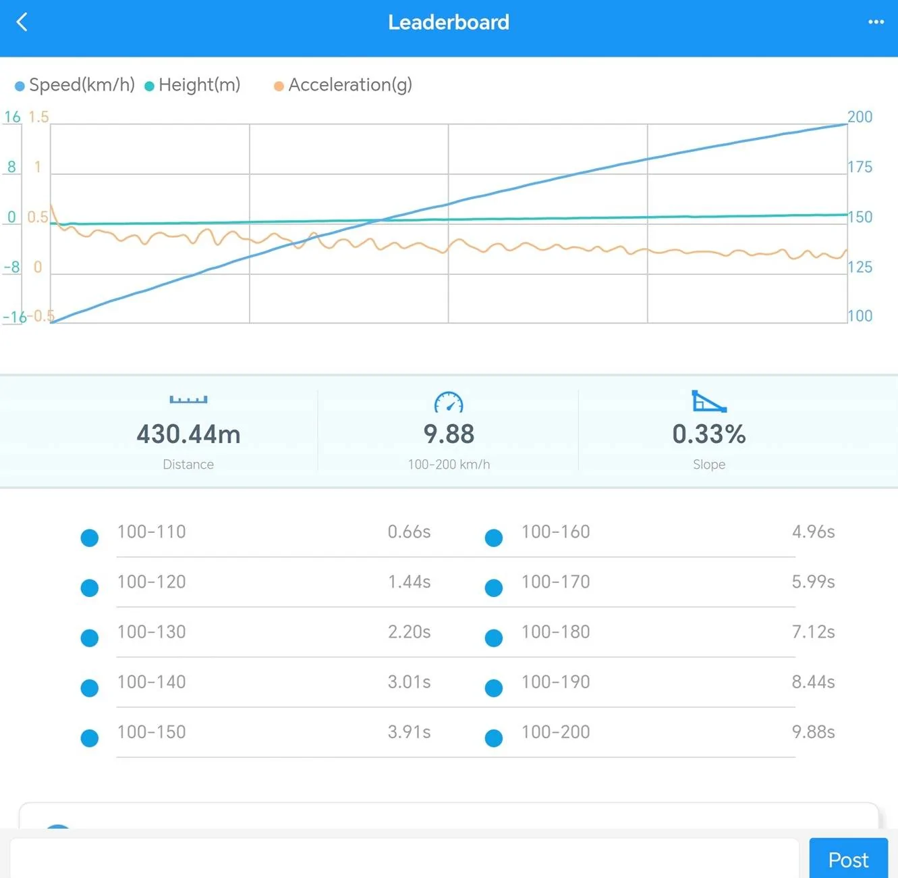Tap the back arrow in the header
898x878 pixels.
(22, 22)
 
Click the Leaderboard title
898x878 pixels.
(449, 22)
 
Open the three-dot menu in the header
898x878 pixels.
(875, 22)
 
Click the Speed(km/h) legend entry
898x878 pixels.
(75, 85)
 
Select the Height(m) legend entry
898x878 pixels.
(192, 85)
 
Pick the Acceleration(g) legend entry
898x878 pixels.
(343, 85)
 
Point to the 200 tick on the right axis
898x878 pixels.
(860, 117)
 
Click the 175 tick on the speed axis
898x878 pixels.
(860, 167)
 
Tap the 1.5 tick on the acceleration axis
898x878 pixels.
(38, 117)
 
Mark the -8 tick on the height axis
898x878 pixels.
(11, 267)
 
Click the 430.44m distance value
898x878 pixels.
(188, 434)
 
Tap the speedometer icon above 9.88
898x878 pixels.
(449, 402)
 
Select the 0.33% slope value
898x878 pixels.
(709, 434)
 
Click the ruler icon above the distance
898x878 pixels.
(188, 400)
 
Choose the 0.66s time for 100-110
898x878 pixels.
(409, 532)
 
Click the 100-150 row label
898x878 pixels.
(151, 732)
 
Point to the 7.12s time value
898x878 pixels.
(813, 632)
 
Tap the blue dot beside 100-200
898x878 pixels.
(493, 738)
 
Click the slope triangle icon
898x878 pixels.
(709, 401)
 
